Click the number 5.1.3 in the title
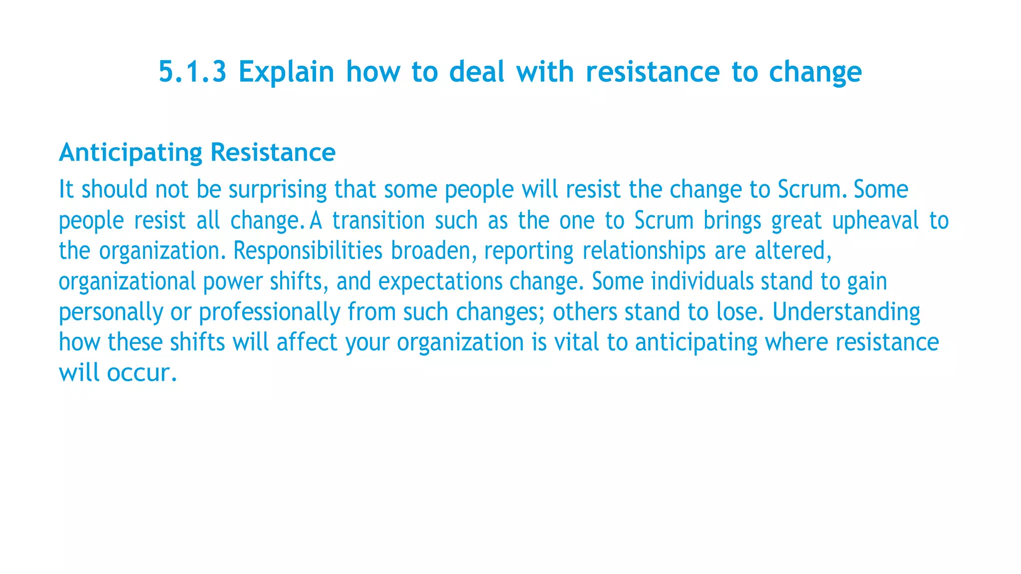coord(192,72)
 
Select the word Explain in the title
coord(286,72)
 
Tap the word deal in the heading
coord(477,72)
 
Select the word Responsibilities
coord(308,251)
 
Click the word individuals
coord(702,282)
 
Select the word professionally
coord(269,312)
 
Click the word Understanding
coord(846,312)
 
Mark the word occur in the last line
coord(142,373)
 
